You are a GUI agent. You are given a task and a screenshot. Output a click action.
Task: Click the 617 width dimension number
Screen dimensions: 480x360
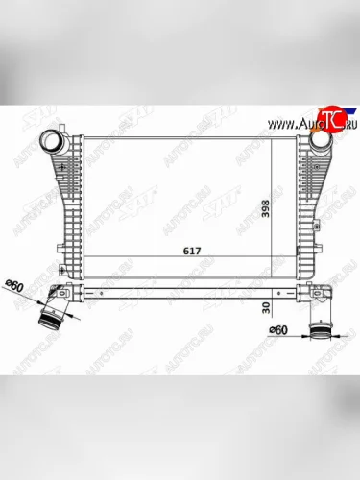[x=180, y=250]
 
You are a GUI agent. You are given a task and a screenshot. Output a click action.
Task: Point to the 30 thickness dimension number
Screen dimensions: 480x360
[x=267, y=310]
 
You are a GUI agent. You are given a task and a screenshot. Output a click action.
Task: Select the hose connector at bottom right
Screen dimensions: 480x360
[x=320, y=332]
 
